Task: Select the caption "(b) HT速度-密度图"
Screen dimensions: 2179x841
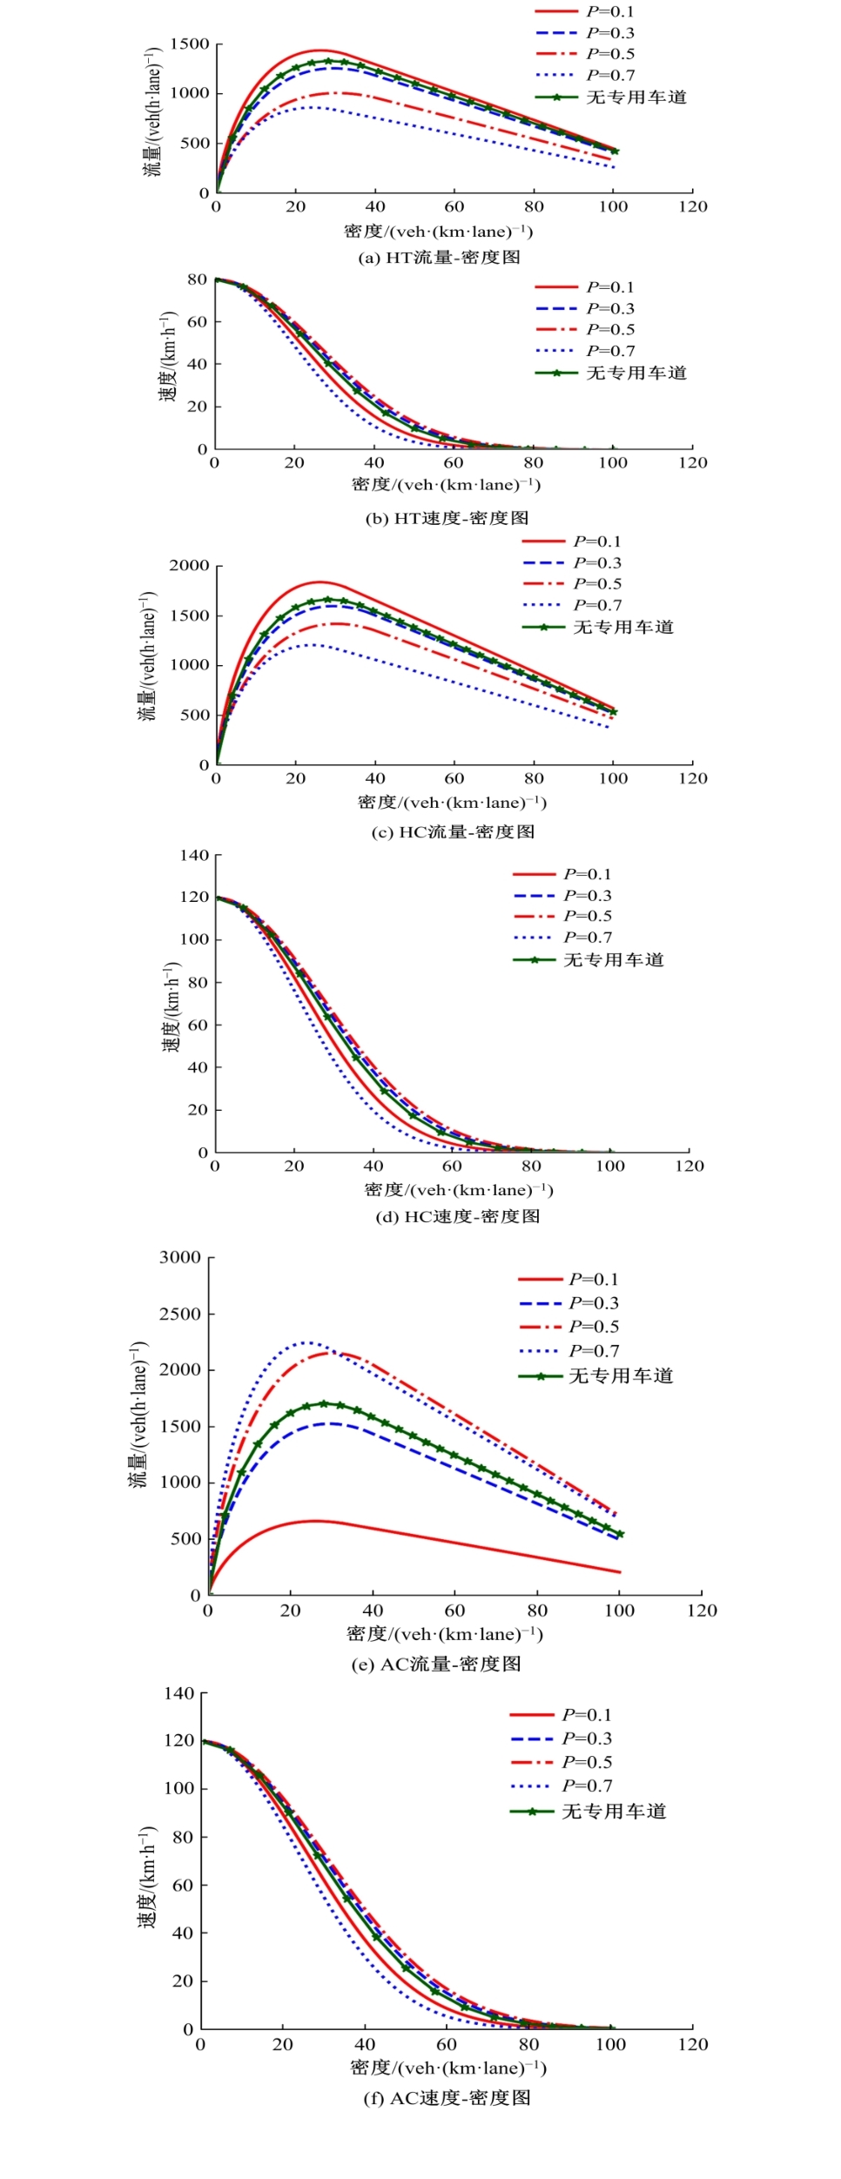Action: [x=447, y=518]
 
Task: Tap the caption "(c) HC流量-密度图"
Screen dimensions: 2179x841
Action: [x=453, y=831]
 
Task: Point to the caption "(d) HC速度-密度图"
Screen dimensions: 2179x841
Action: [x=457, y=1216]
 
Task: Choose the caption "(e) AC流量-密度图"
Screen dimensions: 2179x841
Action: [x=436, y=1664]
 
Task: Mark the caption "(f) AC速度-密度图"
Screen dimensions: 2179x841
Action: [x=447, y=2097]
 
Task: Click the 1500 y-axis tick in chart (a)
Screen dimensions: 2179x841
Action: [x=190, y=44]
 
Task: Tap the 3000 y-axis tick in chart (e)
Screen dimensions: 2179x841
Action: [x=180, y=1257]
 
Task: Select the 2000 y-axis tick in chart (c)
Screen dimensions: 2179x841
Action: [x=190, y=566]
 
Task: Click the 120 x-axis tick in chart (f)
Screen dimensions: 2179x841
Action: [x=693, y=2044]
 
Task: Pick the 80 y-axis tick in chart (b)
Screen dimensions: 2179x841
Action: [x=198, y=279]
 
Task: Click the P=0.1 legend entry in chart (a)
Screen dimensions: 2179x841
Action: [x=610, y=11]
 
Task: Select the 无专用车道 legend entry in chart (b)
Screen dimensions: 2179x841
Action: [x=636, y=373]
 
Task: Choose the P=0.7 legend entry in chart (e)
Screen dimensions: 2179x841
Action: [x=594, y=1351]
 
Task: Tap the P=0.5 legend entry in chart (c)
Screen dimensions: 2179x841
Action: [x=597, y=583]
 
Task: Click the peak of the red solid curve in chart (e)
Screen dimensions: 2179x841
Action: [x=315, y=1521]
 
